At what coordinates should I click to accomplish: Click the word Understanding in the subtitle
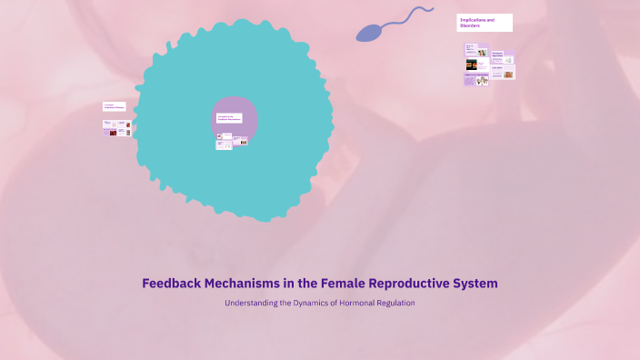[248, 303]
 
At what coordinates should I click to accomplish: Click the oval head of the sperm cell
[367, 34]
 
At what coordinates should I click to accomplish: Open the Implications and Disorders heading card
[485, 23]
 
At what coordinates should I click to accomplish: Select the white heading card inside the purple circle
[229, 118]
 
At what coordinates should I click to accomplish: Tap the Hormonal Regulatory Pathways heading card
[115, 107]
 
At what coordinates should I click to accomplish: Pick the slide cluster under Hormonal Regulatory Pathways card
[116, 128]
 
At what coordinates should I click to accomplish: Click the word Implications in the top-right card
[474, 20]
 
